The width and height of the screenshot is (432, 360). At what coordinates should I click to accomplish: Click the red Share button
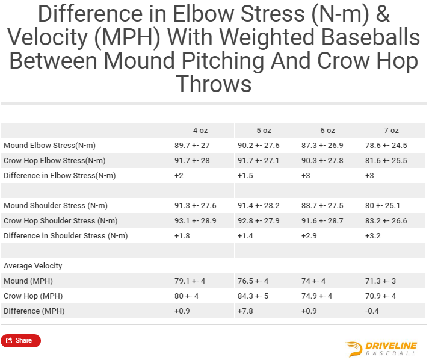(20, 340)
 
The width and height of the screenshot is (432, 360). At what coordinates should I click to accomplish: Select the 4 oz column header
(200, 131)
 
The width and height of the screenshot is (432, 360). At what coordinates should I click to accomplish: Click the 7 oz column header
(391, 131)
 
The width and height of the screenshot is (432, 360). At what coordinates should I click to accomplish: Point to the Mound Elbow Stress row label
(49, 146)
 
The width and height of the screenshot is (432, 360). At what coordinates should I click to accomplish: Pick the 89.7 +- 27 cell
(192, 146)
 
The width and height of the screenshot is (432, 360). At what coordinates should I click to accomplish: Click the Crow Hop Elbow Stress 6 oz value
(322, 160)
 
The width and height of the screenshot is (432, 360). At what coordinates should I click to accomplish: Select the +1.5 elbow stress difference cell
(245, 176)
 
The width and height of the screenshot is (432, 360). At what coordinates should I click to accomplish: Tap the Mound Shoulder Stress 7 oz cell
(383, 206)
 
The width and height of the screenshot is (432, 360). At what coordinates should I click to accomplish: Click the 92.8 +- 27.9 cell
(259, 221)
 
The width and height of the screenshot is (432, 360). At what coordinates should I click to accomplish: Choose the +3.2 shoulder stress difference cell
(373, 236)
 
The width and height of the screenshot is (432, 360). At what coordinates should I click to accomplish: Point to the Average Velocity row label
(32, 266)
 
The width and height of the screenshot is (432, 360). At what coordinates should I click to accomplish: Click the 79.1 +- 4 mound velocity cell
(190, 281)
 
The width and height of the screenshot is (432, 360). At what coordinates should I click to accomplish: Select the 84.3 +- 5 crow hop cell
(253, 296)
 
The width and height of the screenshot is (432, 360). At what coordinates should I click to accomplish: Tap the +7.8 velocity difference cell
(245, 311)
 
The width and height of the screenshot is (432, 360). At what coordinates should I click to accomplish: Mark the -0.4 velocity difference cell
(372, 311)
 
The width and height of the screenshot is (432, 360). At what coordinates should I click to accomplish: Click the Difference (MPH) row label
(34, 311)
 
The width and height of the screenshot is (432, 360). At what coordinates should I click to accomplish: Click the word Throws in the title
(214, 84)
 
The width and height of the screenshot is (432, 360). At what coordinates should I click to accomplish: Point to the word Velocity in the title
(48, 38)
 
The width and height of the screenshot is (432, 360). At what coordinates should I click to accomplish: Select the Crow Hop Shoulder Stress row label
(61, 221)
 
